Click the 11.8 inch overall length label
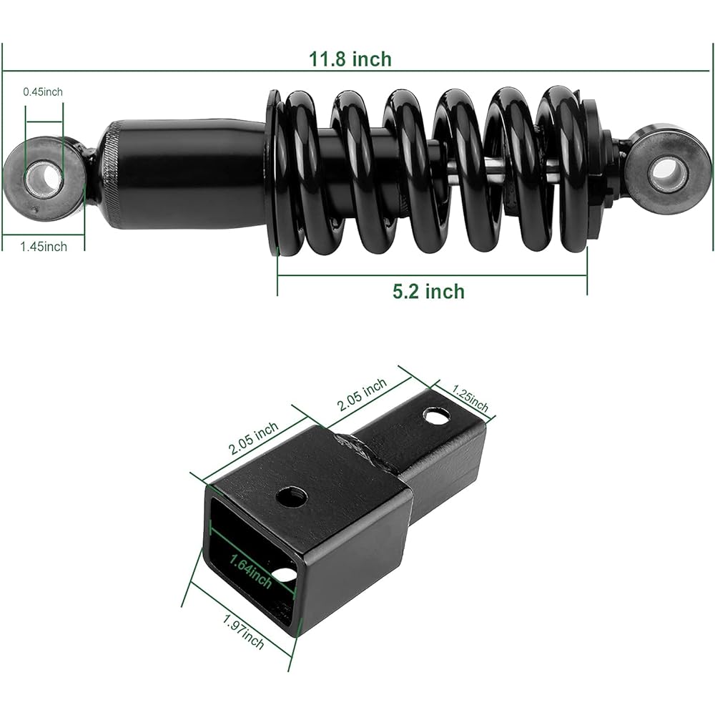pyautogui.click(x=350, y=59)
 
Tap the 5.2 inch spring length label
pyautogui.click(x=428, y=292)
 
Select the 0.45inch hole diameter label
pyautogui.click(x=43, y=92)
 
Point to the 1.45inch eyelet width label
pyautogui.click(x=44, y=247)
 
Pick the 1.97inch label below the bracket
pyautogui.click(x=243, y=631)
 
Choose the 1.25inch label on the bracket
pyautogui.click(x=470, y=398)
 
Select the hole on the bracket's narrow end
pyautogui.click(x=436, y=416)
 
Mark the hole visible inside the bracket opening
pyautogui.click(x=285, y=575)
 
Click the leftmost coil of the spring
pyautogui.click(x=297, y=173)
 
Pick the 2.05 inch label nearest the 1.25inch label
pyautogui.click(x=362, y=395)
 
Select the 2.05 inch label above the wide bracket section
pyautogui.click(x=253, y=438)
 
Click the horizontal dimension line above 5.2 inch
pyautogui.click(x=432, y=275)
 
